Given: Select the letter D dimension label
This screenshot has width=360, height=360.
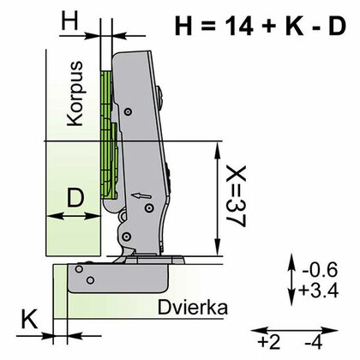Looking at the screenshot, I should pyautogui.click(x=75, y=199).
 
